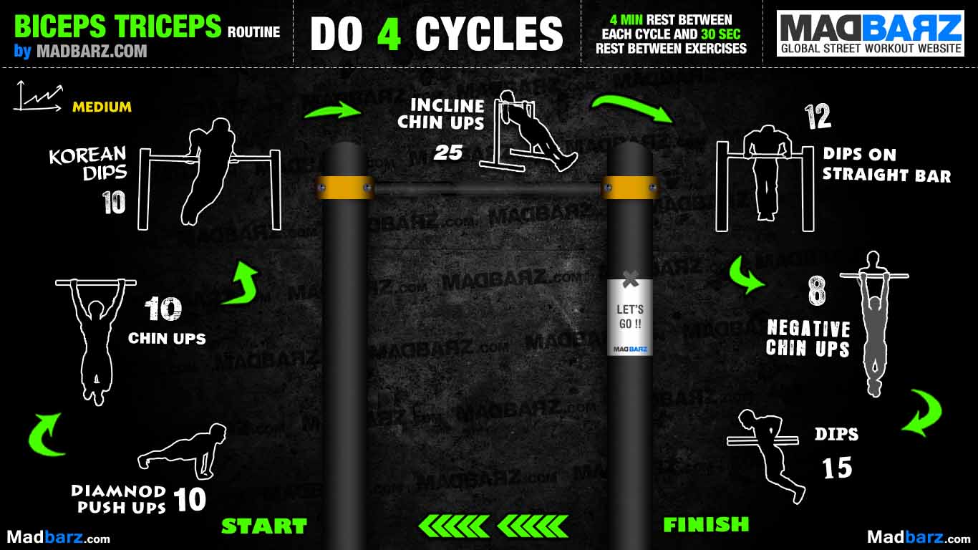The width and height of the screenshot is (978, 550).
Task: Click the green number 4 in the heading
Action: (389, 34)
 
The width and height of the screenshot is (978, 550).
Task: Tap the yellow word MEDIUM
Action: (102, 107)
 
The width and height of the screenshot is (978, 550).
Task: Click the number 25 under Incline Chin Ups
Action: (448, 153)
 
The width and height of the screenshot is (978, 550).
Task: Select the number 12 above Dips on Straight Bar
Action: (818, 117)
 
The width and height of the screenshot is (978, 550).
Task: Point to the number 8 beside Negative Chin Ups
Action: (817, 291)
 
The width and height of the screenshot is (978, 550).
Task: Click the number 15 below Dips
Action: (838, 468)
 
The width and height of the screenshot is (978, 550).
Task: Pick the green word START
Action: (264, 526)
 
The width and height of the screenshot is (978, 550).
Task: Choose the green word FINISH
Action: (706, 524)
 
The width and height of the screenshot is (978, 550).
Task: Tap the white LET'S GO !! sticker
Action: (629, 317)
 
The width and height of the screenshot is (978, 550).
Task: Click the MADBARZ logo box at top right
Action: (871, 34)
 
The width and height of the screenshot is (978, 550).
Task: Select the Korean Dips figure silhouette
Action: (208, 171)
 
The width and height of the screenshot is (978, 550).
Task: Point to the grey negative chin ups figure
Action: (873, 323)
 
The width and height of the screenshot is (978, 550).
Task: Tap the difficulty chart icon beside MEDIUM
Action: (39, 96)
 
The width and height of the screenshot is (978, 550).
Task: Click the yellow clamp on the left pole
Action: (344, 188)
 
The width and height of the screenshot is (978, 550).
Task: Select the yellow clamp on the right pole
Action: (629, 188)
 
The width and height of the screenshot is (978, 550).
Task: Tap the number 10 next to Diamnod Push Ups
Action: (190, 499)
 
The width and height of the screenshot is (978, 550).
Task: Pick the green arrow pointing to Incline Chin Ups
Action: (333, 110)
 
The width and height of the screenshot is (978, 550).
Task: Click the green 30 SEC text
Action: (721, 34)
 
